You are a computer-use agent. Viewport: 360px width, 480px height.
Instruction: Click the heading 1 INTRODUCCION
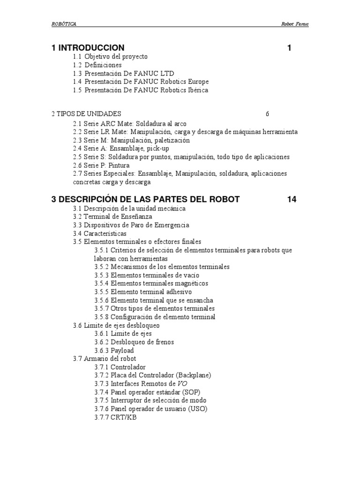88,48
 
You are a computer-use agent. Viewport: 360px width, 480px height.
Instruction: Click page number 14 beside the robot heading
292,199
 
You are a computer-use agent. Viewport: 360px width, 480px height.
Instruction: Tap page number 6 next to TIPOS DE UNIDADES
267,114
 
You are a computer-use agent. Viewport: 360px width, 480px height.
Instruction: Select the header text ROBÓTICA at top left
64,24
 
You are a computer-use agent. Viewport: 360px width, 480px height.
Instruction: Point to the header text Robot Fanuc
294,24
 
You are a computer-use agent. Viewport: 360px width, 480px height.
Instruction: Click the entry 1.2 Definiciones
97,65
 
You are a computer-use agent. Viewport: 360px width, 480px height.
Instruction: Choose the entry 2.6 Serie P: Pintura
101,165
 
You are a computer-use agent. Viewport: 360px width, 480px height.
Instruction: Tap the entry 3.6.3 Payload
114,351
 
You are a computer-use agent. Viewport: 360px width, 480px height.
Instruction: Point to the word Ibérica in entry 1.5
196,90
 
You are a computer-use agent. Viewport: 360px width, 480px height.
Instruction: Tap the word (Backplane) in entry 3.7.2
194,375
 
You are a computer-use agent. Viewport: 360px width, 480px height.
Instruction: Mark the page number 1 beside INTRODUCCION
289,48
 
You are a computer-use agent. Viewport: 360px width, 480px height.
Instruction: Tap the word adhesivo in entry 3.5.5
177,292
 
